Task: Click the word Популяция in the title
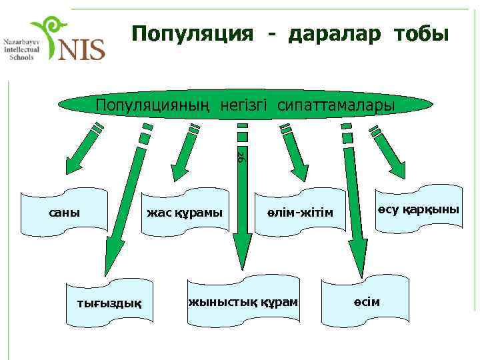(x=192, y=33)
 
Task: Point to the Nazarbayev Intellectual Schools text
(x=22, y=48)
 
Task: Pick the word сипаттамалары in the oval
(x=336, y=105)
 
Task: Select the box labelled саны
(x=65, y=213)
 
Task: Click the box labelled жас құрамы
(x=185, y=213)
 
